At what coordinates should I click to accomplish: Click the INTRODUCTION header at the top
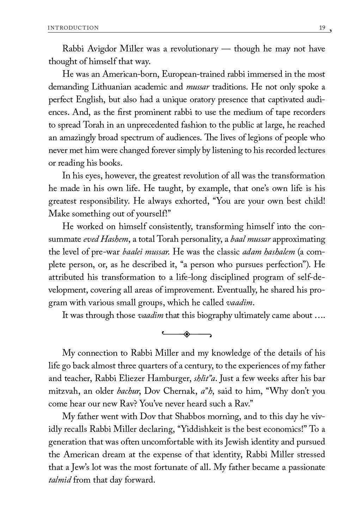[x=73, y=28]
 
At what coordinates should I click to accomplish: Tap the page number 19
[x=322, y=27]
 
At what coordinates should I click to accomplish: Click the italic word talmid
[x=60, y=480]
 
